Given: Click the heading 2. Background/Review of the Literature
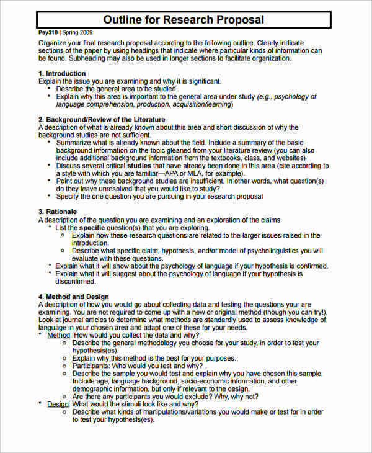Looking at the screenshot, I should click(x=102, y=119).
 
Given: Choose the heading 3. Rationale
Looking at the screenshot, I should click(x=58, y=212).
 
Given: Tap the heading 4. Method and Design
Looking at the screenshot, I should click(x=73, y=297).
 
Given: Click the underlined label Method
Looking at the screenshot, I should click(x=59, y=334).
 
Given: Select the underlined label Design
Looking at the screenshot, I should click(x=58, y=404).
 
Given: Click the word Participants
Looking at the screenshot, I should click(x=94, y=366).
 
